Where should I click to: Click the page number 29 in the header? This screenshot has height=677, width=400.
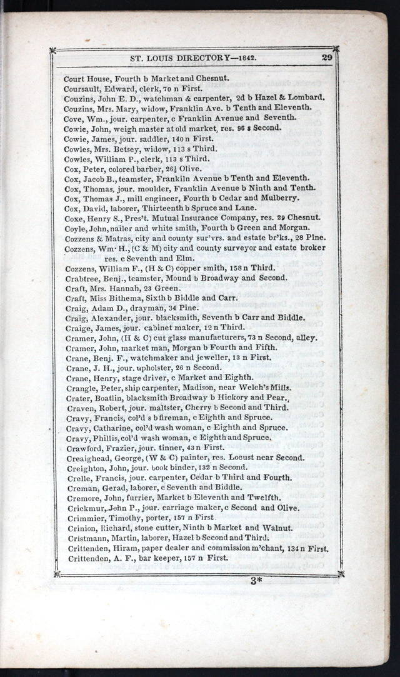pyautogui.click(x=327, y=58)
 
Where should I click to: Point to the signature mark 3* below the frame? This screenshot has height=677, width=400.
pyautogui.click(x=256, y=581)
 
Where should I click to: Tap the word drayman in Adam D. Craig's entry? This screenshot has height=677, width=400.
pyautogui.click(x=141, y=308)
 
